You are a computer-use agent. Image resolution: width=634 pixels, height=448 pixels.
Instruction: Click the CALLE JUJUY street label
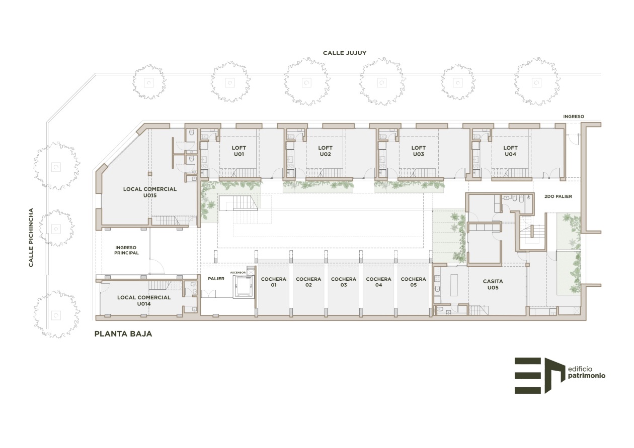click(x=345, y=53)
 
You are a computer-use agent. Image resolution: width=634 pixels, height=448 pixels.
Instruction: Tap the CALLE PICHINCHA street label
click(x=31, y=238)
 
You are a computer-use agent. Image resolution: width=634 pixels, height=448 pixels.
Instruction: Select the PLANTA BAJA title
click(x=123, y=334)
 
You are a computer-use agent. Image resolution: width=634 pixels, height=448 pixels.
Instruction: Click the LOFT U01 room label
click(x=239, y=151)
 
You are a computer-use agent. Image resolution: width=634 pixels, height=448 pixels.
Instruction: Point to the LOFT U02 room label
click(x=325, y=151)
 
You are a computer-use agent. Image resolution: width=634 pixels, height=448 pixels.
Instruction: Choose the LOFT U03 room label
click(x=418, y=151)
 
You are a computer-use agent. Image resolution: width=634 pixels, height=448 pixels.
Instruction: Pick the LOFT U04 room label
click(x=510, y=151)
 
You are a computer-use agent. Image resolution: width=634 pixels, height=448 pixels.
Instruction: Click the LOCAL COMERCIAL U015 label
click(x=150, y=192)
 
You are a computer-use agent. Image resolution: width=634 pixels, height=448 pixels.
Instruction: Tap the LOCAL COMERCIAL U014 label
click(x=144, y=300)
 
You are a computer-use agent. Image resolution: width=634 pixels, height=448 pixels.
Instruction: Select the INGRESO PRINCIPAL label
click(x=126, y=250)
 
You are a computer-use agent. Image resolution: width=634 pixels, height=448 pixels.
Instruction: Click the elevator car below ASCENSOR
click(x=243, y=286)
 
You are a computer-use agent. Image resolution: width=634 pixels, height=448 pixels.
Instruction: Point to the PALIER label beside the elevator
click(x=216, y=279)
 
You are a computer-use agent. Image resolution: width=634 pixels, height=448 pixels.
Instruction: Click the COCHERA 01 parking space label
click(x=273, y=282)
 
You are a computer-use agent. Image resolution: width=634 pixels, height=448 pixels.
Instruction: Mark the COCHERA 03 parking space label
click(x=344, y=282)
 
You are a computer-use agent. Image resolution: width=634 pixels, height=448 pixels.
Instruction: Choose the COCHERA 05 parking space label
click(x=413, y=282)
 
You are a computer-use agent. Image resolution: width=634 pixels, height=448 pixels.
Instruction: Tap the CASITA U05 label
click(x=493, y=284)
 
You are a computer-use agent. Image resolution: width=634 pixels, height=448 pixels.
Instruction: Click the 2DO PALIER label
click(x=558, y=196)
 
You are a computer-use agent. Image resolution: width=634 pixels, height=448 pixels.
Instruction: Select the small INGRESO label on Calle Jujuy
click(x=574, y=117)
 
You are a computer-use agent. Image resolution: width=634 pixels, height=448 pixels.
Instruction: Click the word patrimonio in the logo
click(x=587, y=376)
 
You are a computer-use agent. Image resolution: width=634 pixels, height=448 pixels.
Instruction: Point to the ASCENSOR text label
click(x=237, y=273)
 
